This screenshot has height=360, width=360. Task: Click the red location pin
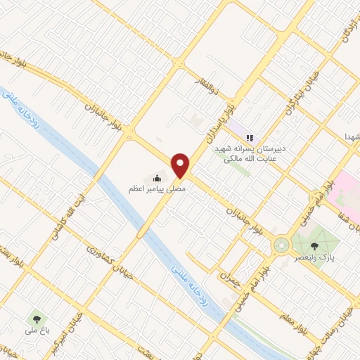(181, 165)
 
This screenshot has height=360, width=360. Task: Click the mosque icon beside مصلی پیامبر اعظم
(156, 178)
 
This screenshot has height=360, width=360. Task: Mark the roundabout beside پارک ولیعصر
(281, 245)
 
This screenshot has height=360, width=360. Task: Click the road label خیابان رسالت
(340, 323)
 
